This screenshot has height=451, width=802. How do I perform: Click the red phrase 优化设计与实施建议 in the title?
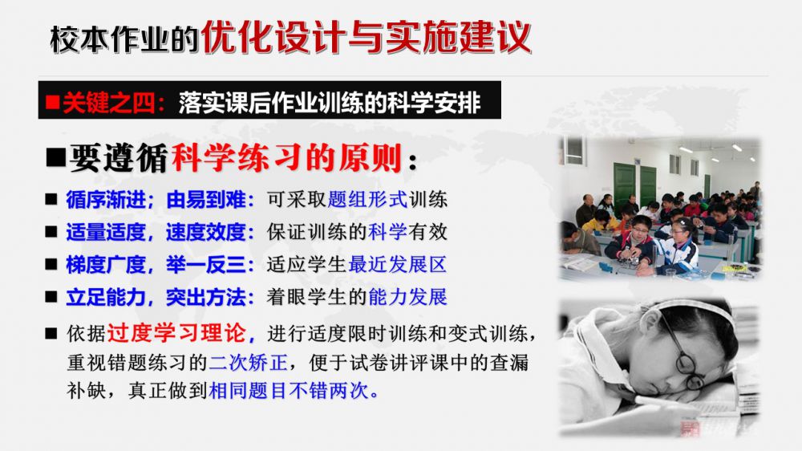367,37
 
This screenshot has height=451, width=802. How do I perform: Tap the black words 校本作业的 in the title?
124,39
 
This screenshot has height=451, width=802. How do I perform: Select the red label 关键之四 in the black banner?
108,103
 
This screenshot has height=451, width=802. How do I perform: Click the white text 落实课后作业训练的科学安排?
330,103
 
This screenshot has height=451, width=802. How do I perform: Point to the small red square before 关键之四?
53,103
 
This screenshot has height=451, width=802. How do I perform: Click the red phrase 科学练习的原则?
287,158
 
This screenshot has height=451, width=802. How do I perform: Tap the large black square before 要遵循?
56,157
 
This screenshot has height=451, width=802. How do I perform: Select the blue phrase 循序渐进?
105,200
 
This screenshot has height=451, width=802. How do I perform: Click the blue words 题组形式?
367,200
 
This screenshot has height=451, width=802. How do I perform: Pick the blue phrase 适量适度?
105,232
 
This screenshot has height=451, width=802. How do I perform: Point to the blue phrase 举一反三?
206,265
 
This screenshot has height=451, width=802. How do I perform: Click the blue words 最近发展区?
398,265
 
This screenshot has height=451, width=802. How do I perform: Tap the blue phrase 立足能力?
105,297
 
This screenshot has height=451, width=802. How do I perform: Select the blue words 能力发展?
407,297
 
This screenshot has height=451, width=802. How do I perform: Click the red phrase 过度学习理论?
176,333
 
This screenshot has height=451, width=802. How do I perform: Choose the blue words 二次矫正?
248,363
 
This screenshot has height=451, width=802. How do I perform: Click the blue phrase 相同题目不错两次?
289,391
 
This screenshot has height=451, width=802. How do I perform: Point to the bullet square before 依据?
51,334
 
